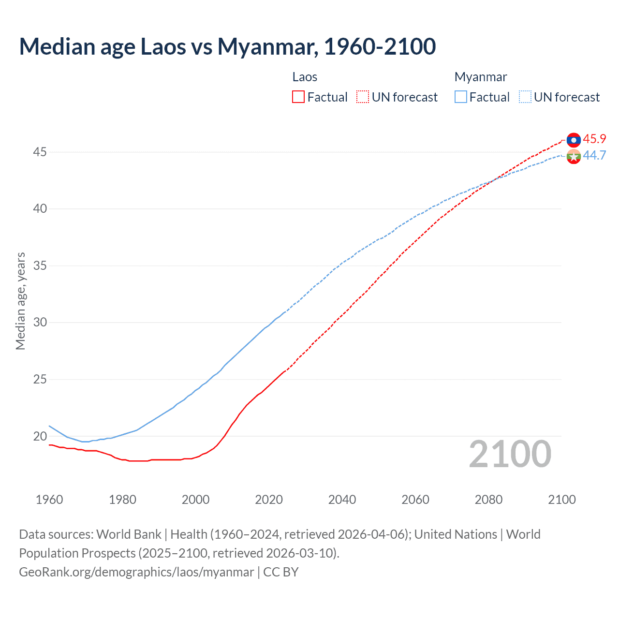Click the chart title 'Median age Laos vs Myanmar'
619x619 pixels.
coord(227,46)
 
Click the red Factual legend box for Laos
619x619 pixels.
coord(298,97)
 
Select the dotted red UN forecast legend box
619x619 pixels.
coord(363,97)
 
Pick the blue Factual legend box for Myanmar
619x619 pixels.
coord(461,97)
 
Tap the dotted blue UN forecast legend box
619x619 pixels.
coord(525,97)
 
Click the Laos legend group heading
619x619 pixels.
coord(305,77)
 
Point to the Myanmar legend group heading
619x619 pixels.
coord(481,77)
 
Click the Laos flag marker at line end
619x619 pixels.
coord(574,140)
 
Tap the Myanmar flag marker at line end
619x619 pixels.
coord(574,157)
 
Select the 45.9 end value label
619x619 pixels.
coord(594,139)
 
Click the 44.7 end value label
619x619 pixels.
coord(594,155)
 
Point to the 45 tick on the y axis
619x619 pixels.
coord(40,152)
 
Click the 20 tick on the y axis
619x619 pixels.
coord(40,436)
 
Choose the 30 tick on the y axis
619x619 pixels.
coord(40,323)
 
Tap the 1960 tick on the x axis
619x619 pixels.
coord(49,500)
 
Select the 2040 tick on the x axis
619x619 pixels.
coord(342,500)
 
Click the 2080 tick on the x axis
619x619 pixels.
coord(488,500)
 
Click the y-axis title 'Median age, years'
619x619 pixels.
coord(20,301)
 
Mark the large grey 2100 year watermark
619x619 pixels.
coord(510,454)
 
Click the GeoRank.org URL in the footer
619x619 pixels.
coord(136,572)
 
